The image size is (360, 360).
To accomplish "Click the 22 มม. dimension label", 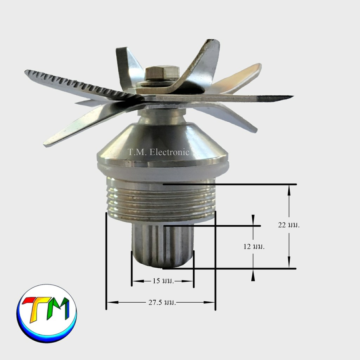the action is [289, 225].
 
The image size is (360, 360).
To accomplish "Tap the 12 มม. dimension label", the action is [254, 246].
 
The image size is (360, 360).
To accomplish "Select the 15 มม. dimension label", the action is [163, 281].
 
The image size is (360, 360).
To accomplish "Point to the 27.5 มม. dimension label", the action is [162, 302].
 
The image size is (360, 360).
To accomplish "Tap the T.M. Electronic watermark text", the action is [159, 152].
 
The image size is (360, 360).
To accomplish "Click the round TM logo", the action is [47, 314].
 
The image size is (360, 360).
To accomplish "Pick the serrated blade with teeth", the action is [83, 86].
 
